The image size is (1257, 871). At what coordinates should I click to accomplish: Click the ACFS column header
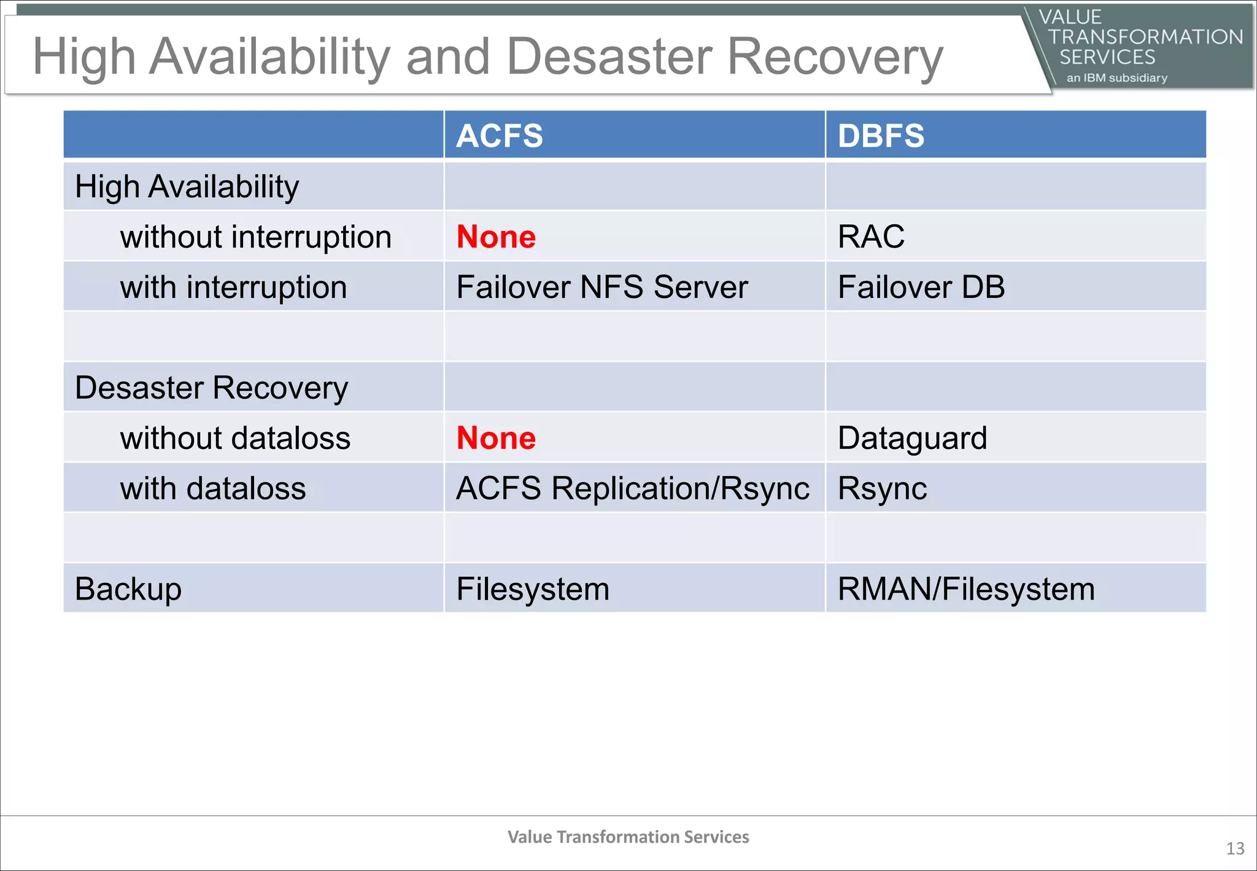(x=500, y=136)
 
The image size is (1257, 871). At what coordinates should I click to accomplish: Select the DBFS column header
(x=881, y=136)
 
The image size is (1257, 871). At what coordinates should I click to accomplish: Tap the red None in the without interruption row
(x=496, y=237)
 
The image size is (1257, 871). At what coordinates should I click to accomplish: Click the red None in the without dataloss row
(x=496, y=439)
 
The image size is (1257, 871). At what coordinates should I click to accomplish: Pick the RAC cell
(x=871, y=237)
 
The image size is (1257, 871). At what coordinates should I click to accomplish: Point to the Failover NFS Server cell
(x=601, y=287)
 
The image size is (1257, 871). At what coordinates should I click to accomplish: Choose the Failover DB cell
(x=921, y=287)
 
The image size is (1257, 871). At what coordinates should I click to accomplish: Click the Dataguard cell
(x=912, y=439)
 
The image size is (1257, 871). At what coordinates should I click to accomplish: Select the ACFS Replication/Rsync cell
(x=632, y=489)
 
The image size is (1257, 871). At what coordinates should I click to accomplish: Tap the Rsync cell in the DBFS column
(x=882, y=489)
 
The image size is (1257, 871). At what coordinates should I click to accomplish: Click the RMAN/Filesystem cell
(x=966, y=589)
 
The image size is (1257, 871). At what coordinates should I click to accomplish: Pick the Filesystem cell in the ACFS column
(x=532, y=589)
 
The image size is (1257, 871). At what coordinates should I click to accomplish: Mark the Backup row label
(x=128, y=589)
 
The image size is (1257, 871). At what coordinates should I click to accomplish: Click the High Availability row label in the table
(x=187, y=187)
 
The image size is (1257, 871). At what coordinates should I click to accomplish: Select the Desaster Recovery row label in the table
(x=211, y=388)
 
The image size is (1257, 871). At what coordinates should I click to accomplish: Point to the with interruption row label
(x=233, y=287)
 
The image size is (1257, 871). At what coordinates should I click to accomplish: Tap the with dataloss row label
(x=212, y=489)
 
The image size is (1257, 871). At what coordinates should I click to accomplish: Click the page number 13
(x=1235, y=849)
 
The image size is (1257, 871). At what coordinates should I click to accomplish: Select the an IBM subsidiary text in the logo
(x=1116, y=78)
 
